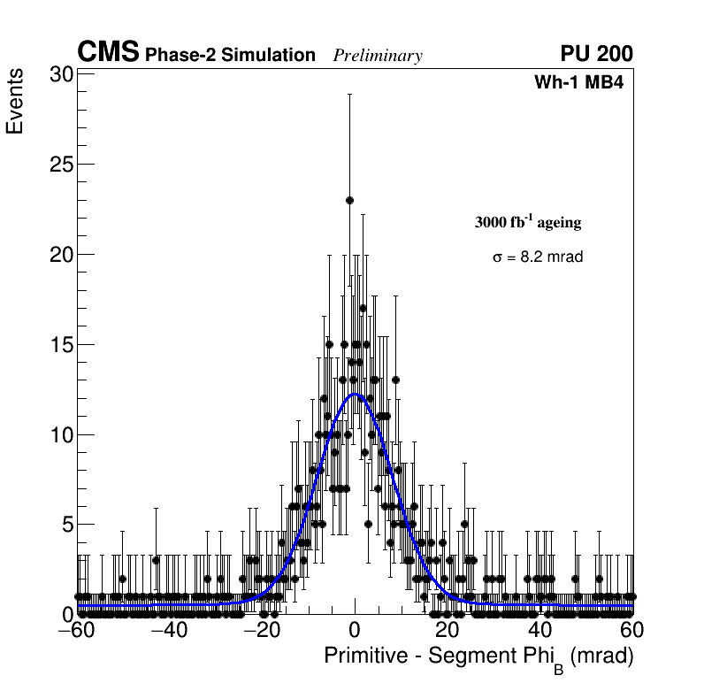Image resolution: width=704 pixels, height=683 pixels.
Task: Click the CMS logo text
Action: pyautogui.click(x=108, y=53)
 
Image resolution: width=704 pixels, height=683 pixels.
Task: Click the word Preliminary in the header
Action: pyautogui.click(x=378, y=56)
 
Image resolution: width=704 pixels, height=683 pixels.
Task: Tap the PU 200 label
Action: pyautogui.click(x=596, y=54)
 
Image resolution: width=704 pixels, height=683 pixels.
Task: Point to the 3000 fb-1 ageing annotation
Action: pyautogui.click(x=528, y=223)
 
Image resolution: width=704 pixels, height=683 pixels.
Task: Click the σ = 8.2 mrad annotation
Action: pyautogui.click(x=538, y=257)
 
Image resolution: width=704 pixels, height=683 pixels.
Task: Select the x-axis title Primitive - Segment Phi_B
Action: pyautogui.click(x=478, y=657)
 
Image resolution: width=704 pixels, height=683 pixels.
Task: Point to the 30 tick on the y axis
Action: pyautogui.click(x=61, y=74)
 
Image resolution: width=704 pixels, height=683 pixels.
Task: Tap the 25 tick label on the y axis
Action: pyautogui.click(x=61, y=165)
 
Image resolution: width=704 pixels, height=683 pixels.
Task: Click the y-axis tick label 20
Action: pyautogui.click(x=61, y=255)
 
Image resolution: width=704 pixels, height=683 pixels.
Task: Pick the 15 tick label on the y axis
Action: pyautogui.click(x=61, y=345)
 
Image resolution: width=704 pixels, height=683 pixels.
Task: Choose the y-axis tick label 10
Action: pyautogui.click(x=61, y=434)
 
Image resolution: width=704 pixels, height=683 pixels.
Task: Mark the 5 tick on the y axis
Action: pyautogui.click(x=67, y=525)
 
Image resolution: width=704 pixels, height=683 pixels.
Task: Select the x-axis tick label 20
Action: pyautogui.click(x=448, y=632)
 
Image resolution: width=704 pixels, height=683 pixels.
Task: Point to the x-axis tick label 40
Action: pyautogui.click(x=540, y=632)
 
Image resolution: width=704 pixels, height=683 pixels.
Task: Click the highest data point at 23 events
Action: pyautogui.click(x=349, y=201)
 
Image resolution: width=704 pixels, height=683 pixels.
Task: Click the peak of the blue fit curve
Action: pyautogui.click(x=356, y=395)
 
